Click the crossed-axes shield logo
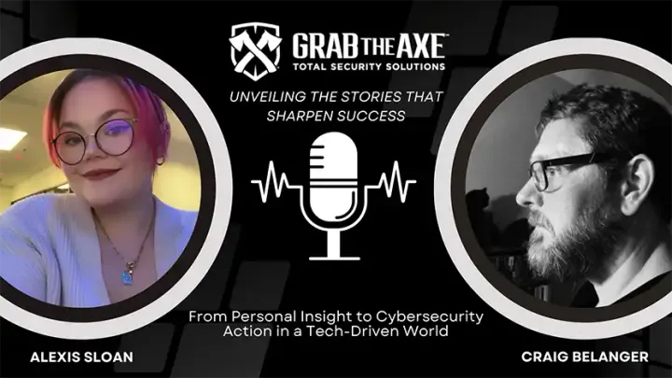(255, 46)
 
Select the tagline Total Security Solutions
(369, 66)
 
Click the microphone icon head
(336, 168)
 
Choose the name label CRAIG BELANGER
(584, 357)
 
